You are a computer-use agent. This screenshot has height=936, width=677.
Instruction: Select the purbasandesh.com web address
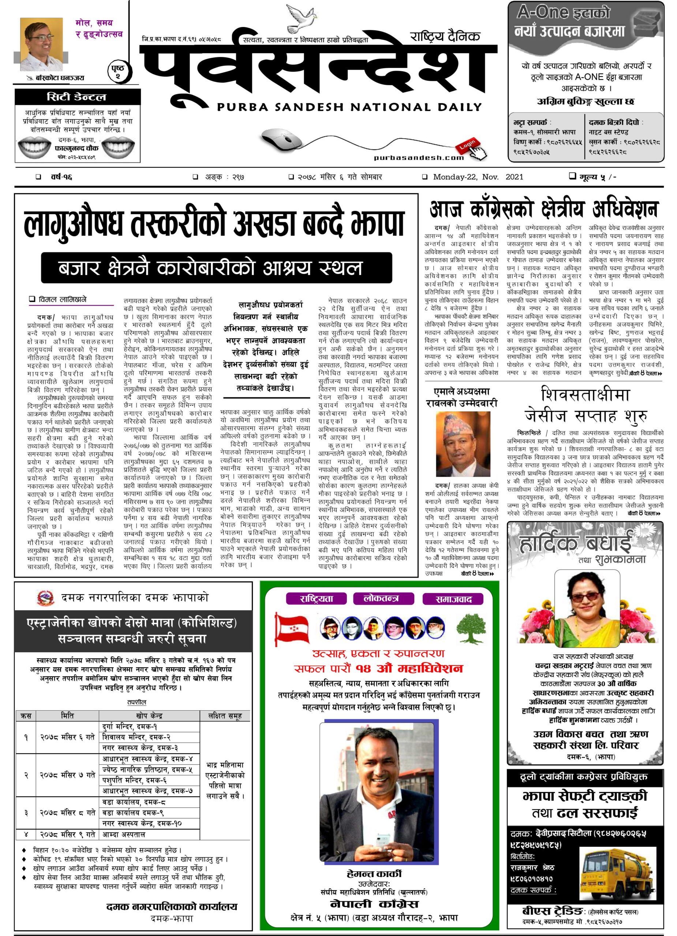[x=418, y=157]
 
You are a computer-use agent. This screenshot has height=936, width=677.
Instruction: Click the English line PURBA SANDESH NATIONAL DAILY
[x=349, y=107]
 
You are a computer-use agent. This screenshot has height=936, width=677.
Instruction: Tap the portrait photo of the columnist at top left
[x=41, y=45]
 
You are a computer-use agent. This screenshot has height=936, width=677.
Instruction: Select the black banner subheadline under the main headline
[x=216, y=268]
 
